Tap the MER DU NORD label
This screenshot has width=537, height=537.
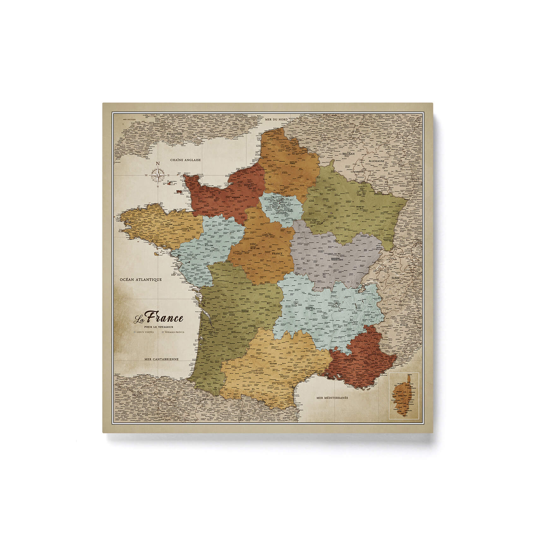[x=276, y=119]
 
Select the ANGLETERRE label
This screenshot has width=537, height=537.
[x=174, y=134]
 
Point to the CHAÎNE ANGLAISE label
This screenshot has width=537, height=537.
[x=185, y=160]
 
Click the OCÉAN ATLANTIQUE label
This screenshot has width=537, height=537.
[x=141, y=280]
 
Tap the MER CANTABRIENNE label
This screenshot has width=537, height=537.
[x=161, y=359]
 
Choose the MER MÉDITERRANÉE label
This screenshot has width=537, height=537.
[x=332, y=398]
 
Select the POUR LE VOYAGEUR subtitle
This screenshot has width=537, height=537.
[x=158, y=327]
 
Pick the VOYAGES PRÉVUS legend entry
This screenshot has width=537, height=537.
[x=173, y=332]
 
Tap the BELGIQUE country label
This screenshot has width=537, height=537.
[x=348, y=154]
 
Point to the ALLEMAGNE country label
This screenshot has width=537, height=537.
[x=377, y=161]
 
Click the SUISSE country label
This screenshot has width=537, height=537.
[x=395, y=278]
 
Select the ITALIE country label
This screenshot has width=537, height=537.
[x=404, y=325]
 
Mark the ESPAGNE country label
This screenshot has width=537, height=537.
[x=208, y=399]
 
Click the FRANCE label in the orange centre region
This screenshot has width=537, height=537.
[x=277, y=253]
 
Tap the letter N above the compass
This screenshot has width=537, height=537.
[x=158, y=163]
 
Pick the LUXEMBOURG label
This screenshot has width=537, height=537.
[x=357, y=172]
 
